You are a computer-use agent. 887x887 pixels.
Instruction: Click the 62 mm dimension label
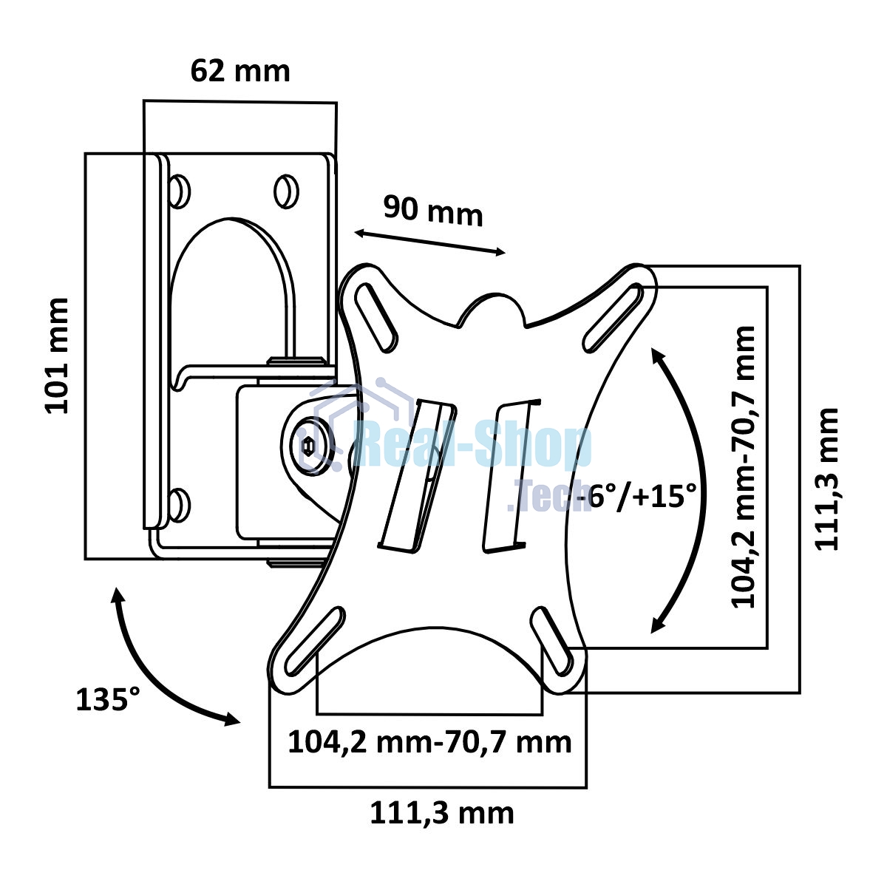pyautogui.click(x=240, y=72)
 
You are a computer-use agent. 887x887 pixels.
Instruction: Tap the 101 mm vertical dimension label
pyautogui.click(x=57, y=356)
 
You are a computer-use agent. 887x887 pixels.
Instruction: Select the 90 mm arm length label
pyautogui.click(x=433, y=211)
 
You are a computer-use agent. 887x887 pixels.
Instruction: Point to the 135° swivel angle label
pyautogui.click(x=108, y=700)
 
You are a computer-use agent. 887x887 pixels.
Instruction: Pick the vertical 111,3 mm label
pyautogui.click(x=827, y=479)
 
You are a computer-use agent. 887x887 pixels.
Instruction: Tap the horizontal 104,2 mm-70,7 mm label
pyautogui.click(x=429, y=742)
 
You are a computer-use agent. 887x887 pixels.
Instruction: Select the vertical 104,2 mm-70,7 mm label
pyautogui.click(x=744, y=466)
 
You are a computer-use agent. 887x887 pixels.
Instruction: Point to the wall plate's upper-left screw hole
pyautogui.click(x=179, y=191)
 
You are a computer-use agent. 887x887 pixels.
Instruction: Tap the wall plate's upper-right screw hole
pyautogui.click(x=286, y=191)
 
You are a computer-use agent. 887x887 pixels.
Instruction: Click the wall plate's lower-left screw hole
pyautogui.click(x=179, y=506)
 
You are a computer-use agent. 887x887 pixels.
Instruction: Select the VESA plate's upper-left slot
pyautogui.click(x=376, y=317)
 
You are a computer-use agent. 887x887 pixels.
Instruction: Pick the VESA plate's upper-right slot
pyautogui.click(x=613, y=318)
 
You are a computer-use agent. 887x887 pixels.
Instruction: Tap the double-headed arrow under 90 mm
pyautogui.click(x=429, y=242)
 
